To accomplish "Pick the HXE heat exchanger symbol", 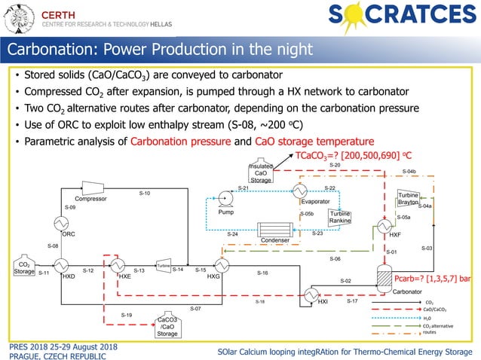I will click(118, 266).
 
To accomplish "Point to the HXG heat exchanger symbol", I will click(222, 266).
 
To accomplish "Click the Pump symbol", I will click(225, 201).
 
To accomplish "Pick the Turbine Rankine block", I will click(339, 218).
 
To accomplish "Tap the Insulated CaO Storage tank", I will click(261, 172).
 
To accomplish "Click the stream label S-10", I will click(144, 194).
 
